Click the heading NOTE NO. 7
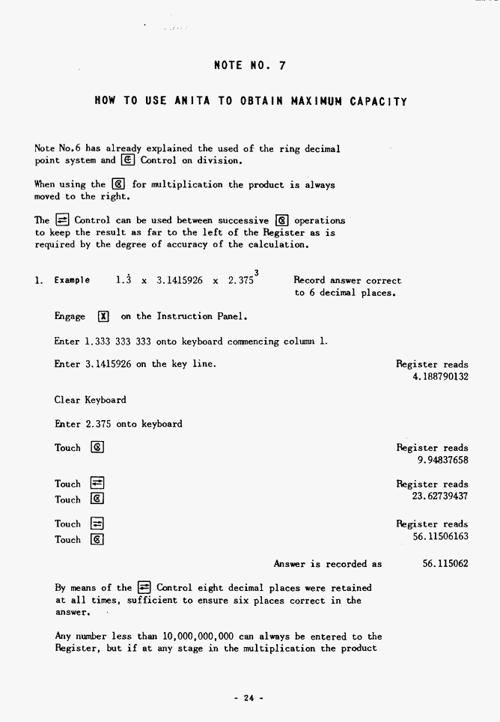249,65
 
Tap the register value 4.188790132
440,377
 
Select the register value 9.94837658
443,460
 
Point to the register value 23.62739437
440,496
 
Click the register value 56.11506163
440,536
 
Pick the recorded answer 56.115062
445,564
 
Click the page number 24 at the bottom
249,698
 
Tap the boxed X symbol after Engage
104,317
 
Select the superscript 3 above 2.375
257,272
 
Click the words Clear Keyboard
90,400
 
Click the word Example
72,281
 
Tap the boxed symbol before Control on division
128,160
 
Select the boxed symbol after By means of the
144,588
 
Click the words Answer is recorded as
327,564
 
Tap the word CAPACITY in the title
378,100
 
